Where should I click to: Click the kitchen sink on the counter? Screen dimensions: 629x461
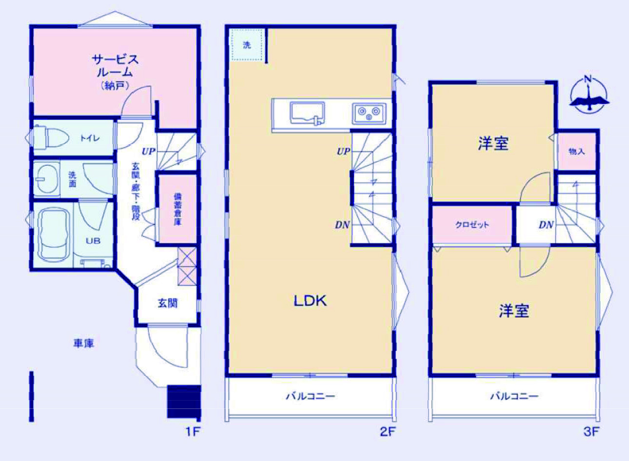point(307,114)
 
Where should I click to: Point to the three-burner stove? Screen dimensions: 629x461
point(369,113)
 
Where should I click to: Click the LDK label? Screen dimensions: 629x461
point(310,301)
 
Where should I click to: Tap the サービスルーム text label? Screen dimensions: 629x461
point(115,66)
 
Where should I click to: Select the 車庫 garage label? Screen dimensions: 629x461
point(83,344)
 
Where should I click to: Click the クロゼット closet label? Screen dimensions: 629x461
point(472,225)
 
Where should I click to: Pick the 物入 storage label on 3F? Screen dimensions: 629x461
point(576,151)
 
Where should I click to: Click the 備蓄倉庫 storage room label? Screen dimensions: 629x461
point(177,209)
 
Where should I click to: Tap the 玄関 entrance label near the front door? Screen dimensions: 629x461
point(168,303)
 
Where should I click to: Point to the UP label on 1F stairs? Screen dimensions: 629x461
point(148,152)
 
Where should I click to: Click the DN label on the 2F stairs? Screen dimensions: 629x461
point(342,225)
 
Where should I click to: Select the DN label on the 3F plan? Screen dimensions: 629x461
point(546,225)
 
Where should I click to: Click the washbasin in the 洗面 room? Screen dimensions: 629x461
point(47,178)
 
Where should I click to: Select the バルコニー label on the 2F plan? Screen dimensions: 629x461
point(310,396)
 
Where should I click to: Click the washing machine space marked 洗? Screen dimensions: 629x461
point(247,45)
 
